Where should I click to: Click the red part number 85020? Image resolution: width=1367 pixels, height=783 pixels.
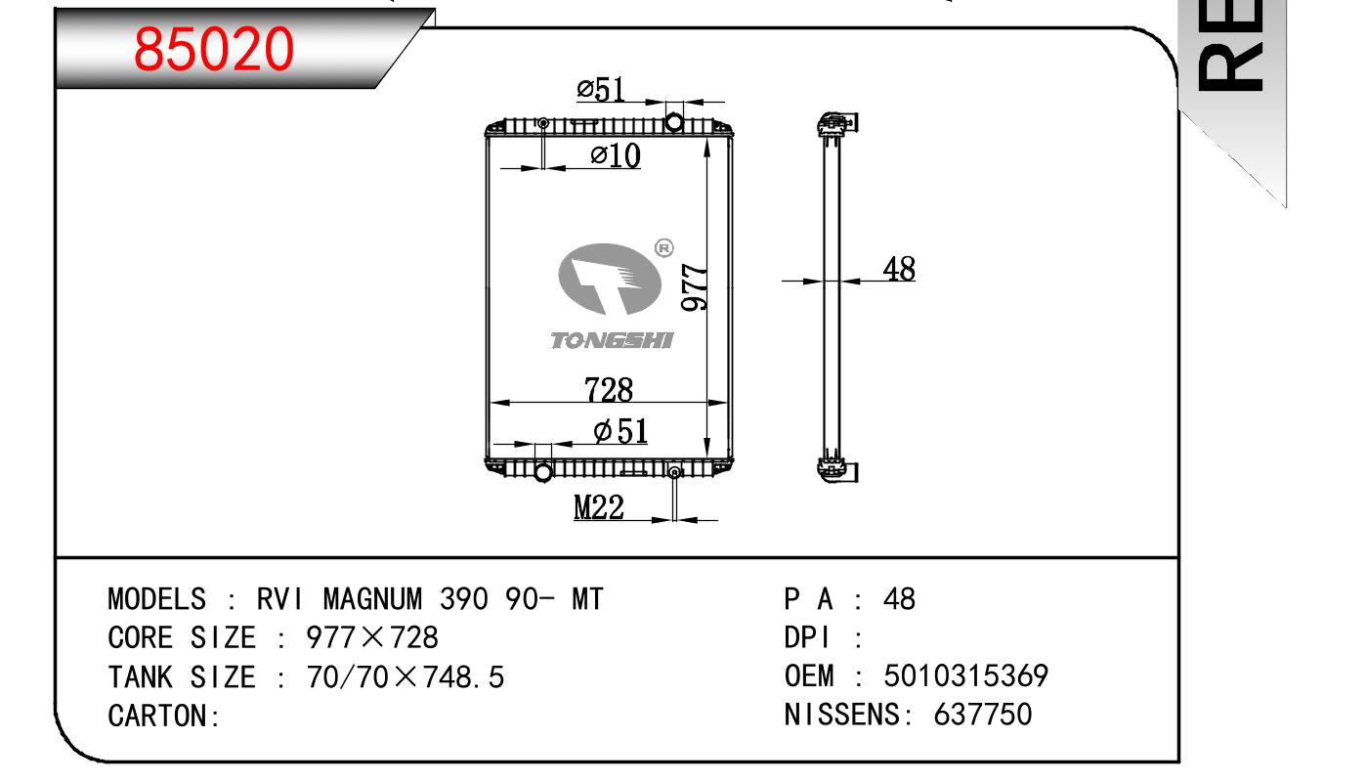point(213,49)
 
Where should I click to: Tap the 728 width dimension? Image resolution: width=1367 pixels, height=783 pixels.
point(609,389)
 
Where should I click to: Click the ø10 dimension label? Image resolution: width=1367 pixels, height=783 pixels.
point(616,154)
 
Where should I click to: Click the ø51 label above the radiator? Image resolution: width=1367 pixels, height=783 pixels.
point(600,90)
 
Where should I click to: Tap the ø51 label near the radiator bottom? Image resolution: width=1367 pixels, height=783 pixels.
point(620,430)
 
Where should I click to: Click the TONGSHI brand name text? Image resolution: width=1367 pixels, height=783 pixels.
point(612,340)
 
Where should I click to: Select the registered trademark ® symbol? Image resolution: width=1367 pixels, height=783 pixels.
point(662,248)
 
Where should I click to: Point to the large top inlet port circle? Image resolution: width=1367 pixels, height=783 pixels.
point(674,121)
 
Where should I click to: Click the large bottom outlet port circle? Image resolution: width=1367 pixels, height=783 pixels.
point(543,472)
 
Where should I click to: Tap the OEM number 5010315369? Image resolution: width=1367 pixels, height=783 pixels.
point(965,675)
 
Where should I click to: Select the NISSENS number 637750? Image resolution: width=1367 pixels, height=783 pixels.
point(983,715)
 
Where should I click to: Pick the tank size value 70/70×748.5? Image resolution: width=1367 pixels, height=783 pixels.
point(406,676)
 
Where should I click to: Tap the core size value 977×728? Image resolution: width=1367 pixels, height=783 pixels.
point(372,637)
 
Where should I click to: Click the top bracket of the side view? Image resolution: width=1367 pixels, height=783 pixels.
point(837,123)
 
